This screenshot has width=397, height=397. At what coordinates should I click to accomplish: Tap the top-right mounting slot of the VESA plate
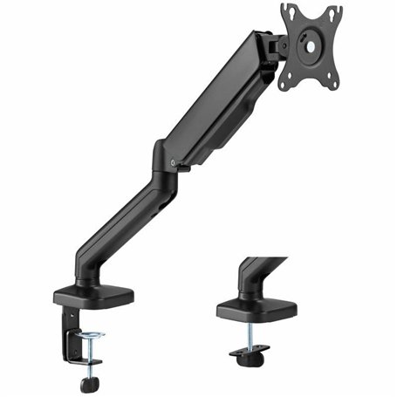pyautogui.click(x=334, y=12)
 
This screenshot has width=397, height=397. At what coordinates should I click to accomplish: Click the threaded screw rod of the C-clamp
pyautogui.click(x=89, y=353)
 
